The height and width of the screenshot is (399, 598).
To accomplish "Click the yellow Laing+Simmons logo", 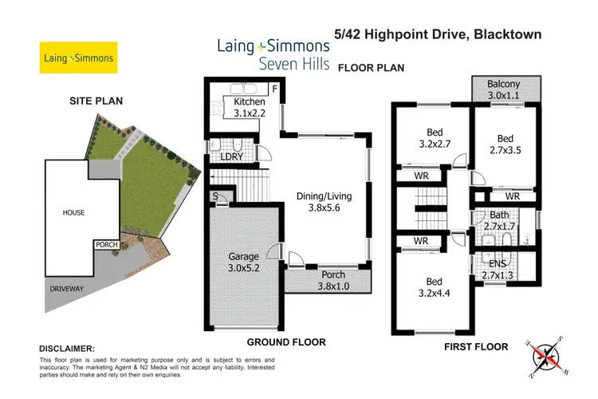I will (x=77, y=58).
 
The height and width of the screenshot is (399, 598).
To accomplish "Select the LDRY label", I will (x=232, y=156).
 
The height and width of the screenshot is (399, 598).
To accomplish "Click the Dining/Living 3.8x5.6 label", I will (x=324, y=201).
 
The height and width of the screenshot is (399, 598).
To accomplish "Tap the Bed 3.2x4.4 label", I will (x=434, y=287).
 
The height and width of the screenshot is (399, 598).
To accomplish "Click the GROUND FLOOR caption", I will (x=285, y=342).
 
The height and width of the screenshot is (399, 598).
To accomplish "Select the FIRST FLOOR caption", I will (x=475, y=347).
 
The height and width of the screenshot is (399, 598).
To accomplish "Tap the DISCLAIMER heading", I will (x=67, y=349).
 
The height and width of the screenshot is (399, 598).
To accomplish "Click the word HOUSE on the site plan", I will (x=73, y=212).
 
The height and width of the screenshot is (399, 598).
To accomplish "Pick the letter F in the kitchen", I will (x=274, y=89).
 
